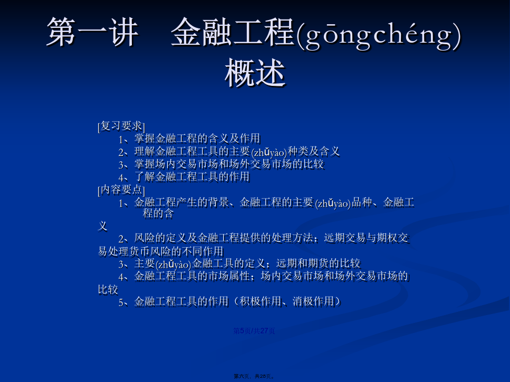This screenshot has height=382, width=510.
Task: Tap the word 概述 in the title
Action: point(255,73)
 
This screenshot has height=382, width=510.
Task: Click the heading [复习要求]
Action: point(121,126)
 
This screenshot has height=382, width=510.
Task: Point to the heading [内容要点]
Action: point(121,190)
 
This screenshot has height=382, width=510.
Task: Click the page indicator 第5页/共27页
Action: point(254,331)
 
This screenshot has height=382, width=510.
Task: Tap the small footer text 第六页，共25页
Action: point(254,376)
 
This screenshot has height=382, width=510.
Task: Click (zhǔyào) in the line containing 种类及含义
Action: point(269,152)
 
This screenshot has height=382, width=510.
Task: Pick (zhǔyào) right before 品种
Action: point(333,204)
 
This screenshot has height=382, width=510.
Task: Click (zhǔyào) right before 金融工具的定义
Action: point(174,265)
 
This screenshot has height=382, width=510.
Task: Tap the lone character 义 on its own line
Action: point(103,226)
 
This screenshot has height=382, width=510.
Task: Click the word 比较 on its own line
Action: point(108,289)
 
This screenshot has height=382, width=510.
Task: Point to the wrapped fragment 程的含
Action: point(158,213)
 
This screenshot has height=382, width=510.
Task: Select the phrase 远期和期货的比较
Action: point(318,263)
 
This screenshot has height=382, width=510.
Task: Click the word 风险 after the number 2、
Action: point(145,238)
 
